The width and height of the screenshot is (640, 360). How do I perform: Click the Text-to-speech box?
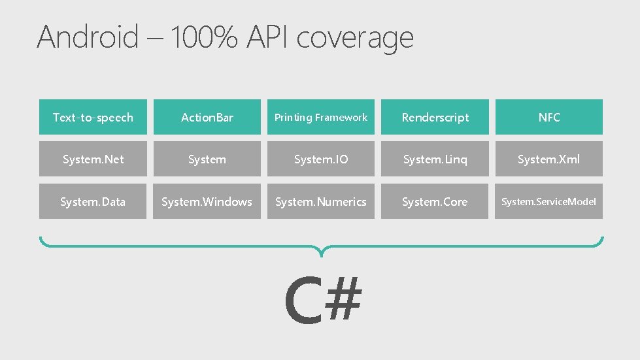coord(93,118)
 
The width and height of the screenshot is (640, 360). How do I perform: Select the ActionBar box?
coord(207,118)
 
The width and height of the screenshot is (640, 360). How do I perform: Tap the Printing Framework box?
coord(321,118)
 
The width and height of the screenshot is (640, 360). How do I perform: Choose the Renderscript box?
coord(435,118)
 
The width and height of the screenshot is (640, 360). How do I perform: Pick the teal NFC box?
coord(549,118)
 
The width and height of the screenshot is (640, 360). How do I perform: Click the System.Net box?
coord(93,159)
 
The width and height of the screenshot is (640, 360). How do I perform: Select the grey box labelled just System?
coord(207,159)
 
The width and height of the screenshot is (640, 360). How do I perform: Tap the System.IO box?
coord(321,159)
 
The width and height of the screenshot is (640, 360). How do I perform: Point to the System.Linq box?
coord(435,159)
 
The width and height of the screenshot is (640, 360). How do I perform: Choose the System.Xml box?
coord(549,159)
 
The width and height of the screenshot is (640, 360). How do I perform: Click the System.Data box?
coord(93,202)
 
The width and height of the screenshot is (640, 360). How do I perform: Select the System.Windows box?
coord(207,202)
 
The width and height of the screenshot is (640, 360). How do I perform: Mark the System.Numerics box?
coord(321,202)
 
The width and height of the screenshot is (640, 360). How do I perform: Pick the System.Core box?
coord(435,202)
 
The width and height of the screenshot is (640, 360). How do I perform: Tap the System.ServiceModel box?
coord(549,202)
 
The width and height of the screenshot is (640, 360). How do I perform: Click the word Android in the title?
coord(88,37)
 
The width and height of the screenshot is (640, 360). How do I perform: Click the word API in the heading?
coord(268,37)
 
